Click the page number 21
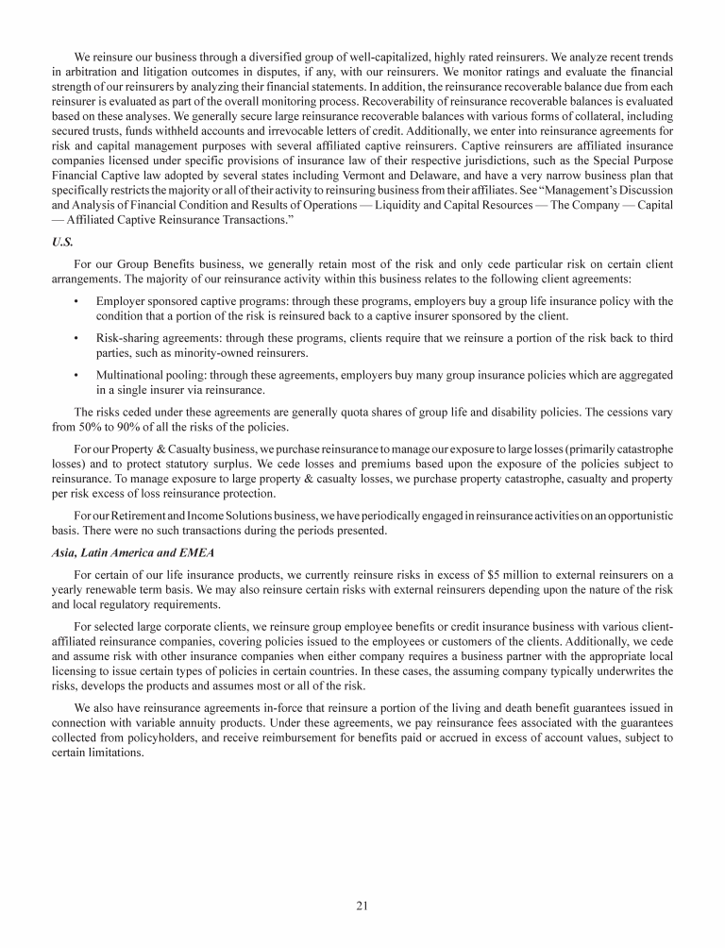[x=362, y=906]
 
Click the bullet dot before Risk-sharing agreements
[x=76, y=337]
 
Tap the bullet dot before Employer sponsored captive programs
[x=76, y=300]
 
